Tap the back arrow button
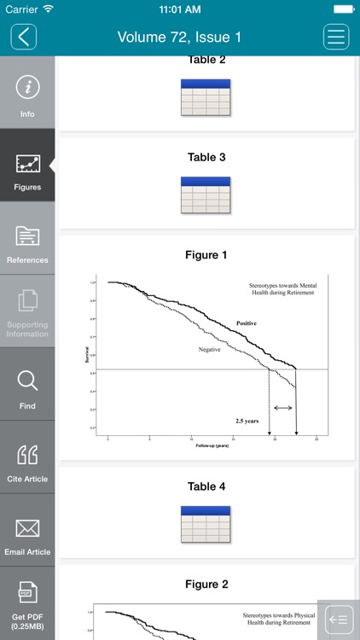pos(24,37)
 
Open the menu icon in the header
pos(336,37)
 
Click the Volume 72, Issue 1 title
pos(179,37)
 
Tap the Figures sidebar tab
pos(27,166)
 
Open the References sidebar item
pos(27,240)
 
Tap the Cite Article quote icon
pos(27,455)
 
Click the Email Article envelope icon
pos(27,528)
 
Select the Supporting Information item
pos(27,311)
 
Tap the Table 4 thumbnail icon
pos(206,525)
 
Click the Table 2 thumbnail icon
pos(206,97)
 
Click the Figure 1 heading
pos(206,255)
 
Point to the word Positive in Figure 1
pos(247,323)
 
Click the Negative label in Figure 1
pos(210,350)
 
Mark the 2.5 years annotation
pos(248,421)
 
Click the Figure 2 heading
pos(206,585)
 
